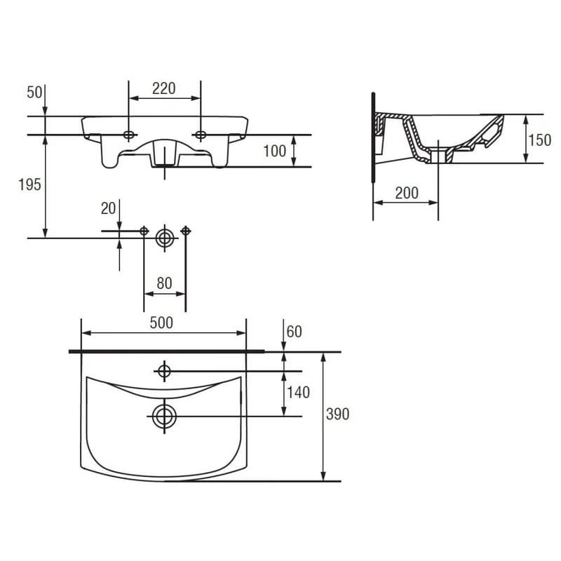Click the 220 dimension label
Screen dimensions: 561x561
coord(164,88)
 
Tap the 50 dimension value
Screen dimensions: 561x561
coord(34,93)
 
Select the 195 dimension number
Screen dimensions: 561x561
coord(29,184)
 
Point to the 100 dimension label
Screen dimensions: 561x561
coord(274,151)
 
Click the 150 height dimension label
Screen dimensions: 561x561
coord(539,140)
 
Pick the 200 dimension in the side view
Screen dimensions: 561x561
coord(407,194)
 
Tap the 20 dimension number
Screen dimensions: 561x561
coord(109,208)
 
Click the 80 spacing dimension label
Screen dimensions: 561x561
coord(164,283)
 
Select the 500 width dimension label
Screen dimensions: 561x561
coord(161,323)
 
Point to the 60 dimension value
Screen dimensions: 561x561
coord(294,332)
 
